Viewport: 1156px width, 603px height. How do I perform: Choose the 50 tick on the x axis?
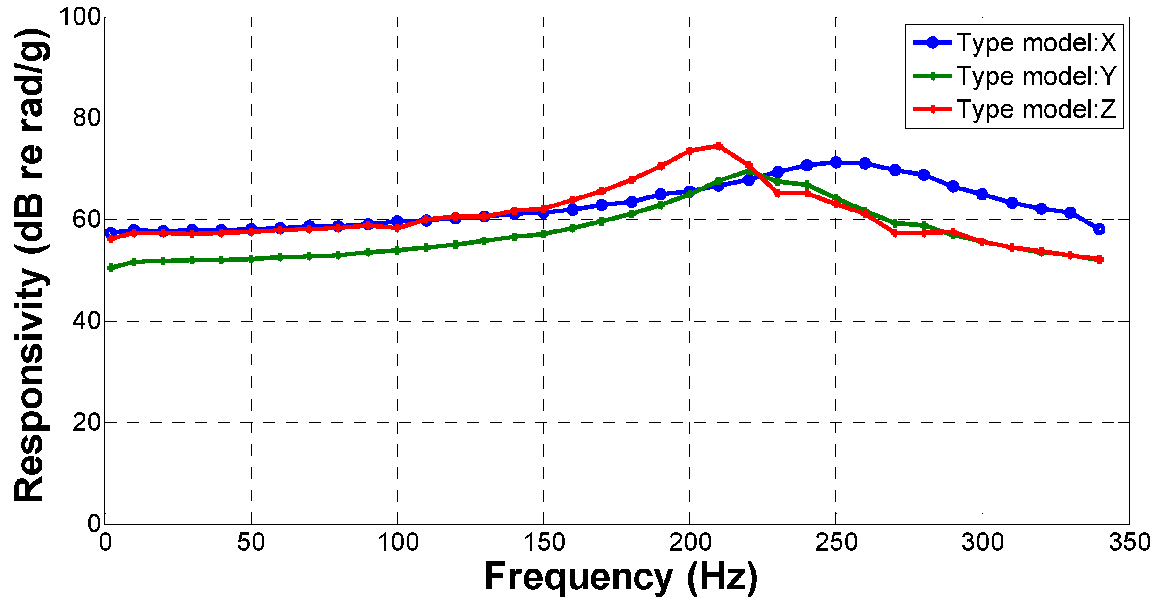pyautogui.click(x=251, y=542)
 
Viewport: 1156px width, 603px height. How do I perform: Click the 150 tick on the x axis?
pyautogui.click(x=544, y=542)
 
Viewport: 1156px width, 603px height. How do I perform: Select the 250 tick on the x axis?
pyautogui.click(x=836, y=542)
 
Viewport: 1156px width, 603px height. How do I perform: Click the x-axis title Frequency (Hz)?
pyautogui.click(x=621, y=577)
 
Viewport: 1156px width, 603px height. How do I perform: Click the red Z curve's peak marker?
pyautogui.click(x=719, y=146)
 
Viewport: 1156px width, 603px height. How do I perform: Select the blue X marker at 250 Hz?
pyautogui.click(x=836, y=162)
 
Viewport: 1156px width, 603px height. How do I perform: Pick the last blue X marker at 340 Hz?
pyautogui.click(x=1099, y=229)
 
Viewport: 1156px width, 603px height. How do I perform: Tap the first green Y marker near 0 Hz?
pyautogui.click(x=111, y=268)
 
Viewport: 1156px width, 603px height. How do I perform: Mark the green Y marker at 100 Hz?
pyautogui.click(x=397, y=250)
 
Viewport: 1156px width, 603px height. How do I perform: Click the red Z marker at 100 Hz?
pyautogui.click(x=397, y=229)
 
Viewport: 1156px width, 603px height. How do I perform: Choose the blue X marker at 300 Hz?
pyautogui.click(x=982, y=194)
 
